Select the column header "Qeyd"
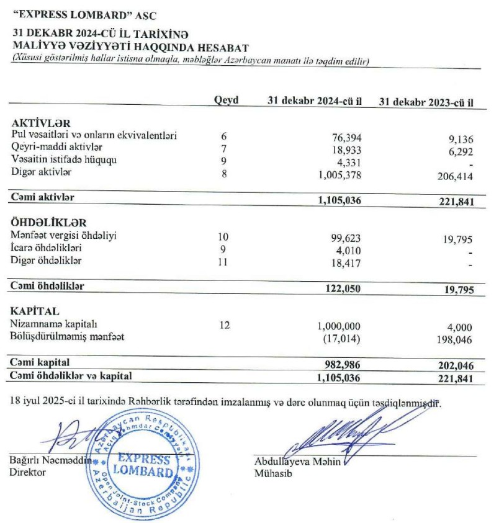coord(226,101)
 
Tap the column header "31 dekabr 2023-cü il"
coord(426,102)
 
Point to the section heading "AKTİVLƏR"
coord(41,124)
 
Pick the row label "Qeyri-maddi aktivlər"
coord(57,148)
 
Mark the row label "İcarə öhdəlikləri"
coord(47,248)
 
